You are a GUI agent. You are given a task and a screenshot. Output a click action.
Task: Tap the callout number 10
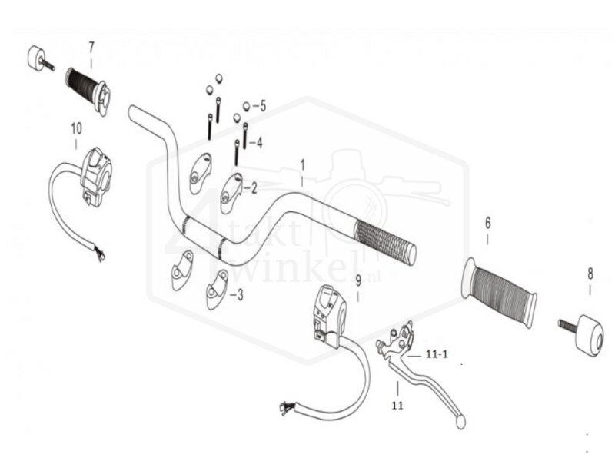tap(75, 127)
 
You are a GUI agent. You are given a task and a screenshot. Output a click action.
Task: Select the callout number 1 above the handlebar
tap(303, 164)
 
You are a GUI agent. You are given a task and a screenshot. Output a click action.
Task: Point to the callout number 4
tap(259, 142)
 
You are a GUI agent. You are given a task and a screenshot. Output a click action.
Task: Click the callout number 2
tap(254, 187)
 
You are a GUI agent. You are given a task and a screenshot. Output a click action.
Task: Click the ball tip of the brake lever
tap(459, 422)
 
